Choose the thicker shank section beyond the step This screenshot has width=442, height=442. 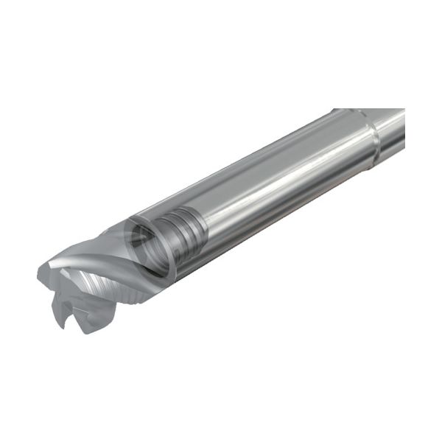pyautogui.click(x=390, y=129)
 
